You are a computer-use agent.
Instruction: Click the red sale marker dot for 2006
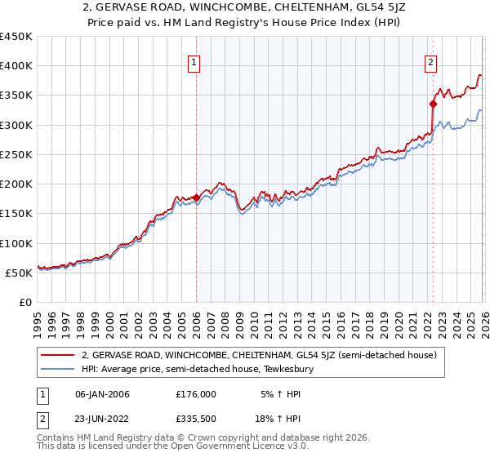196,197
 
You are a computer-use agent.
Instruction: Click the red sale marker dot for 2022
433,104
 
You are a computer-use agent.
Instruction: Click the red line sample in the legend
59,356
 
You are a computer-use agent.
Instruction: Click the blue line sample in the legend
59,370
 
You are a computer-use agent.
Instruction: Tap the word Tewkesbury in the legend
299,370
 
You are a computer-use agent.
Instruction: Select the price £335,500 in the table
196,422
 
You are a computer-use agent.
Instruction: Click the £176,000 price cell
196,394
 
